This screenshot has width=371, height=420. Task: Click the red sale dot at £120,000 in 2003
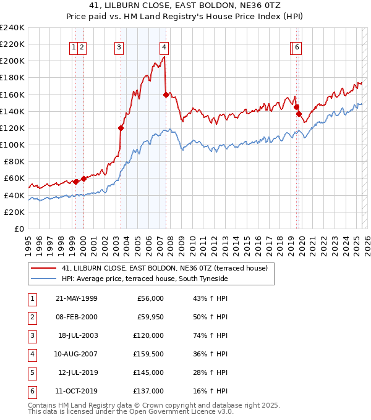(x=121, y=128)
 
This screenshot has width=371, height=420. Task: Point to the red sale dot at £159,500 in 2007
(x=166, y=94)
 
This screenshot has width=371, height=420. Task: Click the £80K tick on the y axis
(x=14, y=162)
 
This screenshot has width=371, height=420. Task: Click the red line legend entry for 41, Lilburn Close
(x=164, y=269)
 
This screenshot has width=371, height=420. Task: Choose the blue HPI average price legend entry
(x=145, y=279)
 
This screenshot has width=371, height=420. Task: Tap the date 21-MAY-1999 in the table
(x=77, y=298)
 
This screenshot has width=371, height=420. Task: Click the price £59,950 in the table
(x=150, y=317)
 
